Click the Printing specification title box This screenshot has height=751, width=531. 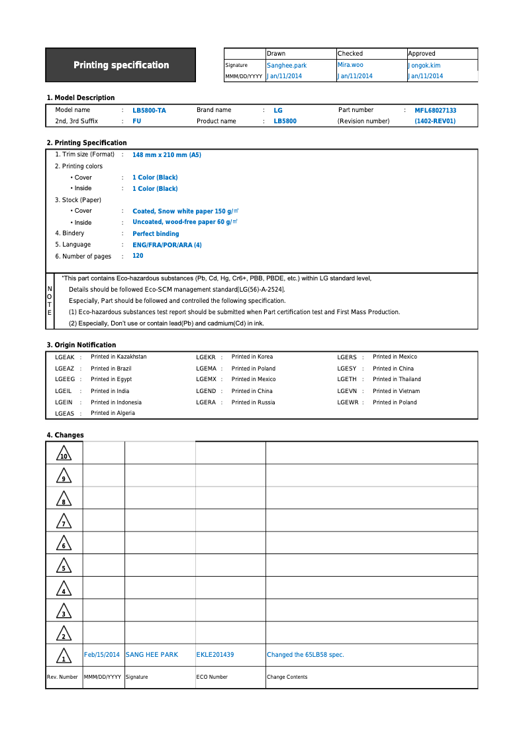(121, 65)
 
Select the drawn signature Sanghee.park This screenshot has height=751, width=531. (286, 66)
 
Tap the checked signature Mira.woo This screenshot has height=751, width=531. (350, 65)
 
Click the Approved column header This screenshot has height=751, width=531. (422, 54)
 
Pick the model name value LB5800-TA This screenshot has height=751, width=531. (149, 111)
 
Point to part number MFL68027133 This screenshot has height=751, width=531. (435, 111)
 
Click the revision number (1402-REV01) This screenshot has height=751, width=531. (435, 121)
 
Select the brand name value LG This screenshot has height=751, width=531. (278, 111)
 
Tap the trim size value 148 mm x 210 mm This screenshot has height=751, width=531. (166, 155)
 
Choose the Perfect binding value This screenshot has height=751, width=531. (156, 234)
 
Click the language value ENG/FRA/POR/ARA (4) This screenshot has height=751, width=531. (167, 245)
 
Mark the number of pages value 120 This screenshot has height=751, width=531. (138, 256)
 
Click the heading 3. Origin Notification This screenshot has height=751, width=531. (81, 345)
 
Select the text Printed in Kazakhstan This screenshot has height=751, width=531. (119, 357)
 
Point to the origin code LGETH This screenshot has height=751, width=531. (346, 379)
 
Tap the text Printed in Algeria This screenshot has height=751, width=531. (113, 413)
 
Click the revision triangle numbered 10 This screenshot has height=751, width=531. (64, 454)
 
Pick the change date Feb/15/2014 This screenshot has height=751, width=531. (102, 655)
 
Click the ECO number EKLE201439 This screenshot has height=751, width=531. (215, 655)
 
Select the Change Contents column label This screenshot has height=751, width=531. (287, 677)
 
